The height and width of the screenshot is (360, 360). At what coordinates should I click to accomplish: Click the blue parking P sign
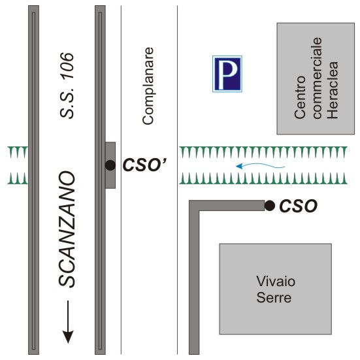click(x=227, y=74)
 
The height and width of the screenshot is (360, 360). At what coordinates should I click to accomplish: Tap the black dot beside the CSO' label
click(x=110, y=165)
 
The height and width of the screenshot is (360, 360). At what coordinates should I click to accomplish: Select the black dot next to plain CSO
click(x=270, y=206)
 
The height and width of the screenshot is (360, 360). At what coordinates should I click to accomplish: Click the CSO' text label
click(x=144, y=165)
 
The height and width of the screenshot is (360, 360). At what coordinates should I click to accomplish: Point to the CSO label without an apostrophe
click(x=298, y=206)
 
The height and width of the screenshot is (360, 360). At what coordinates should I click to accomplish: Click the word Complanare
click(x=148, y=86)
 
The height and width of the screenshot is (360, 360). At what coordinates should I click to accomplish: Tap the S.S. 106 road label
click(x=67, y=86)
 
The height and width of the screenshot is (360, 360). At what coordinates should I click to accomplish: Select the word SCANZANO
click(x=67, y=229)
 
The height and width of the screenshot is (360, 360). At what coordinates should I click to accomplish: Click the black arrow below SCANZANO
click(x=68, y=321)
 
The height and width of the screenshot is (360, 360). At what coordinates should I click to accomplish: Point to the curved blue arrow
click(x=260, y=165)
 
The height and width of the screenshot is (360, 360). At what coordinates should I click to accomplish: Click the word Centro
click(x=300, y=97)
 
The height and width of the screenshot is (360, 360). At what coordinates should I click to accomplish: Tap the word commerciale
click(x=316, y=78)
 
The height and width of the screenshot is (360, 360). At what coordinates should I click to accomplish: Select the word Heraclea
click(x=333, y=90)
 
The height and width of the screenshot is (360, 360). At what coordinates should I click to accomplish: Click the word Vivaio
click(x=276, y=281)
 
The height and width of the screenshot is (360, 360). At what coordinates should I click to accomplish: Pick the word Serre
click(x=274, y=297)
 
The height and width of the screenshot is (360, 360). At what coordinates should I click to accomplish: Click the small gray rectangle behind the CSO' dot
click(x=110, y=165)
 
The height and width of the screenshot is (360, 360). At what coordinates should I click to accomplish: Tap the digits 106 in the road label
click(x=67, y=66)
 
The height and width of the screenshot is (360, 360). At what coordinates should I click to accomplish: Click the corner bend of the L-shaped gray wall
click(x=194, y=205)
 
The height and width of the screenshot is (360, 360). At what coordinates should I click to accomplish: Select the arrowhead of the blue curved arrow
click(x=239, y=166)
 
